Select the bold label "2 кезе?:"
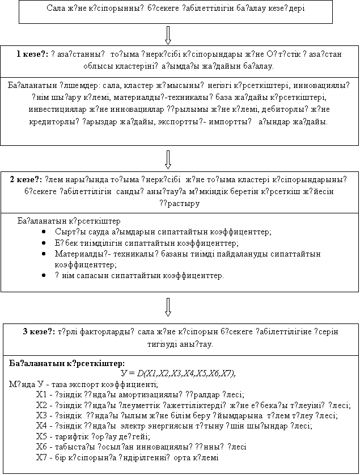(x=28, y=180)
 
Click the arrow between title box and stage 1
(x=168, y=34)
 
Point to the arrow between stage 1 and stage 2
(x=168, y=158)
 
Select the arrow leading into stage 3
(x=168, y=306)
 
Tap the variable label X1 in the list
(x=41, y=394)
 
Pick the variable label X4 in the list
(x=41, y=425)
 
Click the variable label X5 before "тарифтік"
(x=41, y=436)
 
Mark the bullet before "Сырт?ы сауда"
(x=44, y=232)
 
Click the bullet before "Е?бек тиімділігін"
(x=44, y=243)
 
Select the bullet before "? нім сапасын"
(x=44, y=275)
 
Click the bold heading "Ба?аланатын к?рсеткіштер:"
(x=67, y=362)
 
